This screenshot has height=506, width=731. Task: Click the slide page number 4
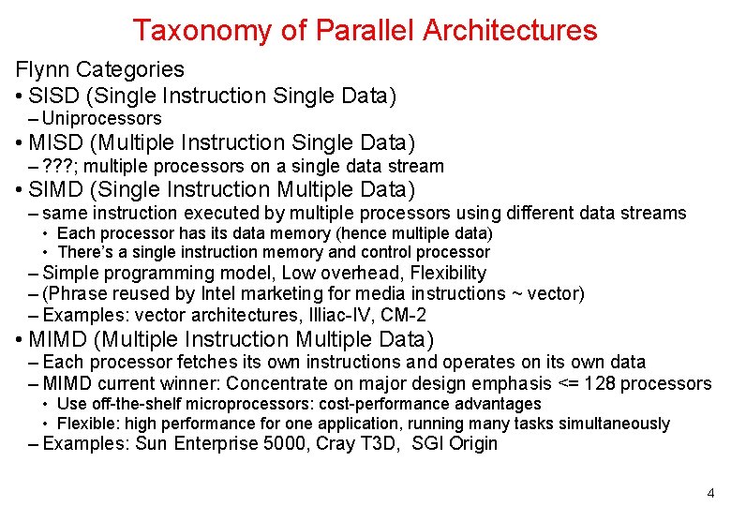tap(709, 493)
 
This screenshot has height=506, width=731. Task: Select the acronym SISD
tap(52, 96)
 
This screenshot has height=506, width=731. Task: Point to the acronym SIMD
tap(54, 189)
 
